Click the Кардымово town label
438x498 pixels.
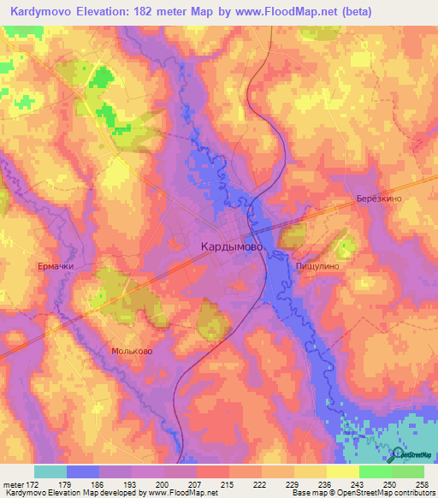click(x=233, y=246)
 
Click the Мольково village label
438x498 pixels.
click(x=132, y=351)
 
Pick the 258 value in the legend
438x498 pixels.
click(x=422, y=484)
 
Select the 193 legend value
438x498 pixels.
click(x=131, y=484)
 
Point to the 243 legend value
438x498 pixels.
click(x=357, y=484)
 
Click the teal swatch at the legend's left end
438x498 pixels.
click(x=50, y=471)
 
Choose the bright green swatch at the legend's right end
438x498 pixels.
click(x=408, y=471)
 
